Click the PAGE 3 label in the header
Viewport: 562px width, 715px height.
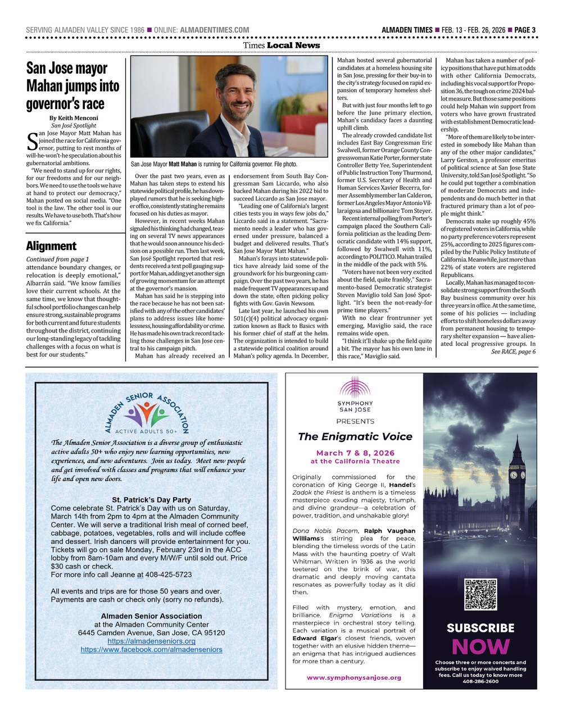525,30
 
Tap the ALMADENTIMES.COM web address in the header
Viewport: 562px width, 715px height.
214,30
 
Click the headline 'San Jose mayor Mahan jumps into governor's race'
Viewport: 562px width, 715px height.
73,86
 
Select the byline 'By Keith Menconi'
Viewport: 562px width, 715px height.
74,118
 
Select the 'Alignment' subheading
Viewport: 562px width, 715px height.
51,245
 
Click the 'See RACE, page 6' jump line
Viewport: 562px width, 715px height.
513,352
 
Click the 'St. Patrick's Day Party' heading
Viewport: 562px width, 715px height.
151,500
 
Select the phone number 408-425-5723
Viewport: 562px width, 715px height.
168,575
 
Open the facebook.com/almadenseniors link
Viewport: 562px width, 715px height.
151,649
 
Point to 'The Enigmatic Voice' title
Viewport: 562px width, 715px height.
355,436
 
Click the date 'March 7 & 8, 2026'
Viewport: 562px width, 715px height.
355,453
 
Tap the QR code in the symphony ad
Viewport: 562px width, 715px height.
481,594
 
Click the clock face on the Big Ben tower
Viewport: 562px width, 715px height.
513,475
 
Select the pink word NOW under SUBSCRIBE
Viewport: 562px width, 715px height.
481,647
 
